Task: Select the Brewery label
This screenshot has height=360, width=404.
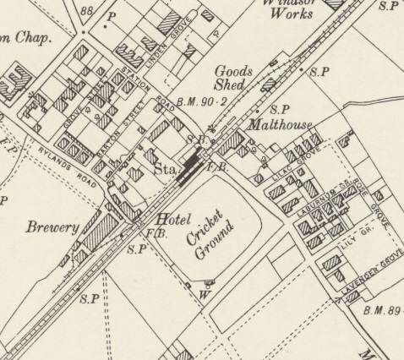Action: click(x=52, y=227)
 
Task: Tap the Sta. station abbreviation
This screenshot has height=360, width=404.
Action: click(x=164, y=169)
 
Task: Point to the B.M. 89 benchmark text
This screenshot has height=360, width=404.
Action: click(x=381, y=311)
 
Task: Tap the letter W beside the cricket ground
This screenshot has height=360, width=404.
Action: click(x=203, y=296)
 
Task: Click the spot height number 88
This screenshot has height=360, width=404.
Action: click(x=85, y=10)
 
